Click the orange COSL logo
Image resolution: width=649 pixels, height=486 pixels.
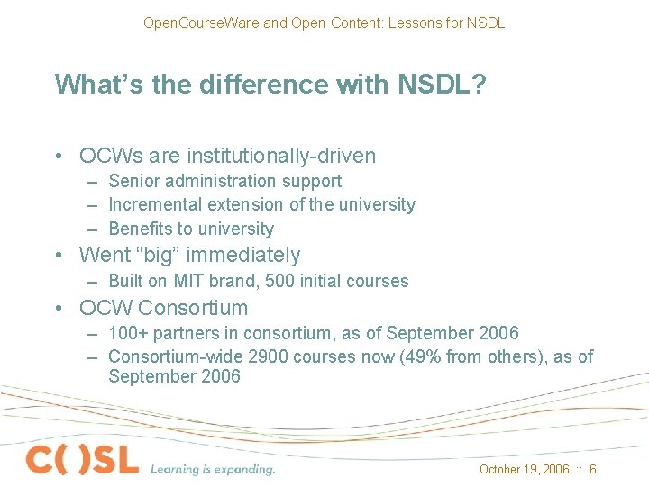click(x=82, y=460)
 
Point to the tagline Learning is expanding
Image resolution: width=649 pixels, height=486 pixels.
click(x=213, y=468)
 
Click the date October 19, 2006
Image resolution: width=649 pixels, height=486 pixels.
click(x=525, y=469)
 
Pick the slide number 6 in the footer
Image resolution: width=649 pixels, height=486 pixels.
click(x=593, y=469)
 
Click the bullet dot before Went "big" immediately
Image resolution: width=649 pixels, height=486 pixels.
click(x=58, y=255)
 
